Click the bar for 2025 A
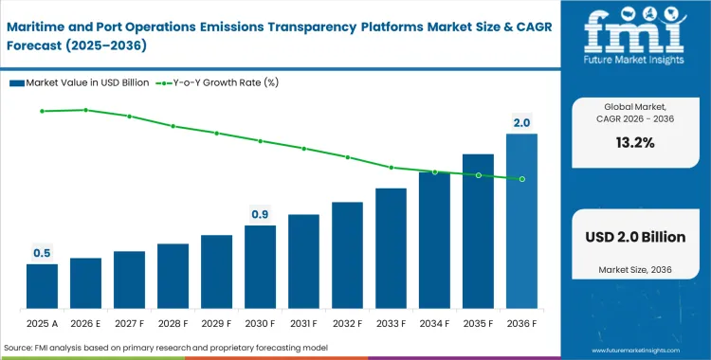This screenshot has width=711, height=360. point(42,286)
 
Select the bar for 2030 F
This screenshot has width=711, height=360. point(260,267)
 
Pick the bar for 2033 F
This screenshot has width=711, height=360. point(391,248)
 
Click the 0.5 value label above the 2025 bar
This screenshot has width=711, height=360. point(42,253)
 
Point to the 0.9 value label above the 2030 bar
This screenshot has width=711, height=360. point(260,214)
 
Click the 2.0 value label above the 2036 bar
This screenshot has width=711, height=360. point(521,123)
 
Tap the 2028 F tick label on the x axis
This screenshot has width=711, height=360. point(173,322)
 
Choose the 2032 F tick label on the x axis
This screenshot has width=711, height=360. point(347,322)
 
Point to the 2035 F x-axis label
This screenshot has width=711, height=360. point(478,322)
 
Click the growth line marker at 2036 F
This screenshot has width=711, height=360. point(521,179)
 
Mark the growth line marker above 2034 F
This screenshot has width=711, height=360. point(434,171)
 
